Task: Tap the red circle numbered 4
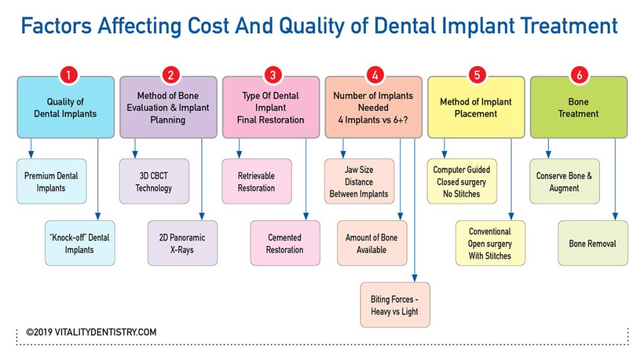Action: tap(374, 75)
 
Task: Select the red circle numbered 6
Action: tap(579, 75)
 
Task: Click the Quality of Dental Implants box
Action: tap(65, 108)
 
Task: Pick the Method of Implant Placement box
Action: tap(476, 108)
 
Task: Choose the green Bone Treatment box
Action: tap(579, 108)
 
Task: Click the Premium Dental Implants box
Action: tap(51, 181)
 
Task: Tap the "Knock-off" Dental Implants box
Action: tap(79, 243)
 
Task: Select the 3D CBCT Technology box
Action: tap(153, 181)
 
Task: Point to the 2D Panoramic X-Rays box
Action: tap(182, 243)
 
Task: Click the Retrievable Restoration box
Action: tap(257, 181)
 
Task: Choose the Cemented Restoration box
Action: tap(285, 243)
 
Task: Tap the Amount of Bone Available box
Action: tap(372, 243)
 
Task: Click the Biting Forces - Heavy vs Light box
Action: tap(395, 305)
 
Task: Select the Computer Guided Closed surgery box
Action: tap(462, 181)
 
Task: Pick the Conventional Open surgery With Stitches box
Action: tap(490, 243)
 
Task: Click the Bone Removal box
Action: tap(592, 243)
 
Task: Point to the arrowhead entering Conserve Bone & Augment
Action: tap(548, 155)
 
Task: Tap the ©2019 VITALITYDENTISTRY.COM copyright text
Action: tap(91, 332)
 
